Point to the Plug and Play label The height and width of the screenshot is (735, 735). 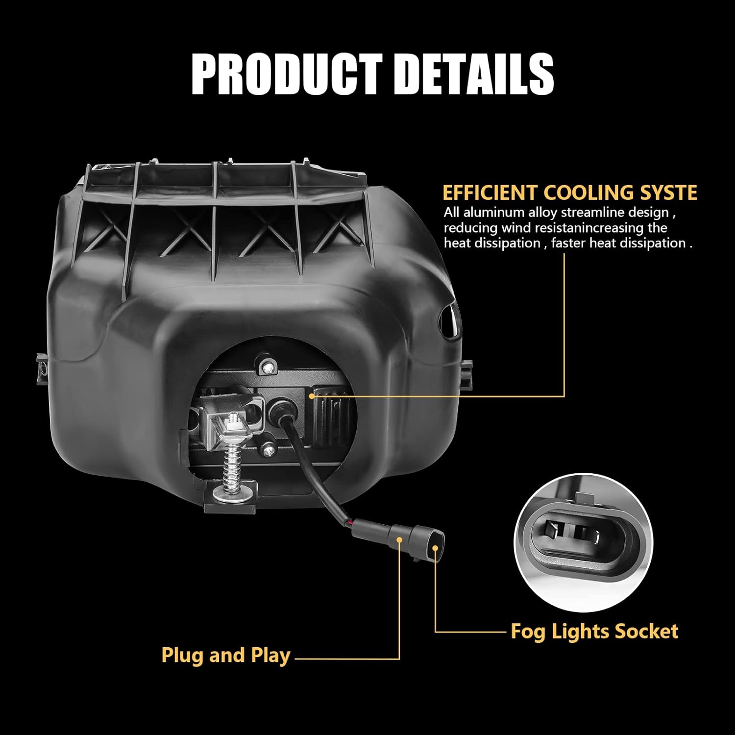click(x=226, y=656)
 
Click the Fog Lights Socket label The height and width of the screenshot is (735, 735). click(x=594, y=631)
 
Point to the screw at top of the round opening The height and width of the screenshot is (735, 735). click(x=268, y=365)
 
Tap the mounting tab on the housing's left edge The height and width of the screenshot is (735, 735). click(x=42, y=367)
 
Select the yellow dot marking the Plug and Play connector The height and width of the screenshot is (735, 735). click(x=399, y=540)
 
